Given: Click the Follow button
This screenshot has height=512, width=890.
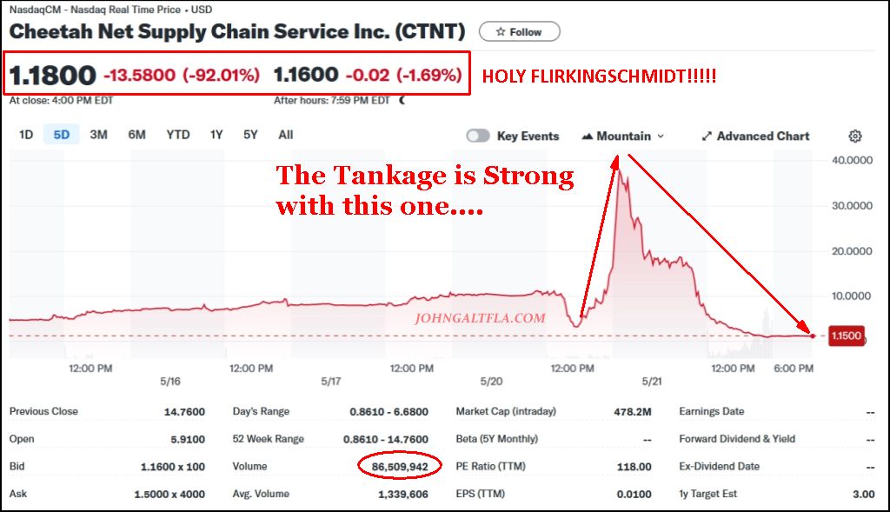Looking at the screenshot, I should click(519, 31).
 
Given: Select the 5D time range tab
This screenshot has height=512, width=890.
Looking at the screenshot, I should click(62, 135).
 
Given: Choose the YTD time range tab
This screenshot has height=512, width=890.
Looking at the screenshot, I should click(178, 135).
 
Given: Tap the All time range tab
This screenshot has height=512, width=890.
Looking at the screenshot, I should click(286, 135).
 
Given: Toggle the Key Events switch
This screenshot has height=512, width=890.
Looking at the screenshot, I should click(478, 136).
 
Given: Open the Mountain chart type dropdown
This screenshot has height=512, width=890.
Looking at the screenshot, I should click(622, 136).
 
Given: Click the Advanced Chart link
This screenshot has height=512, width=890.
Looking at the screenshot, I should click(755, 136).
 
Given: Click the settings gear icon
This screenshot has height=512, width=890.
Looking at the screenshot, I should click(855, 136).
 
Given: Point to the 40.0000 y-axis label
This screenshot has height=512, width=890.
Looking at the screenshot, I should click(852, 160).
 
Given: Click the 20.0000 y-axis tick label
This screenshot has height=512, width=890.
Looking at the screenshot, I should click(852, 250).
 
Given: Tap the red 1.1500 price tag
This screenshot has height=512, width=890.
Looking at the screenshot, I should click(846, 336).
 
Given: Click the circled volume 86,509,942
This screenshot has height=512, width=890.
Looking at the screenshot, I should click(400, 467).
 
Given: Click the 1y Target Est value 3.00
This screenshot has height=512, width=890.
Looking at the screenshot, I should click(863, 494).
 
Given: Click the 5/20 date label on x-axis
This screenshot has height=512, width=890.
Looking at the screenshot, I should click(491, 382).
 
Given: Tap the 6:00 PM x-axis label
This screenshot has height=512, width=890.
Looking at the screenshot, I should click(793, 369).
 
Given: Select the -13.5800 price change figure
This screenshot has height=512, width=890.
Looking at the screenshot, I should click(140, 75).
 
